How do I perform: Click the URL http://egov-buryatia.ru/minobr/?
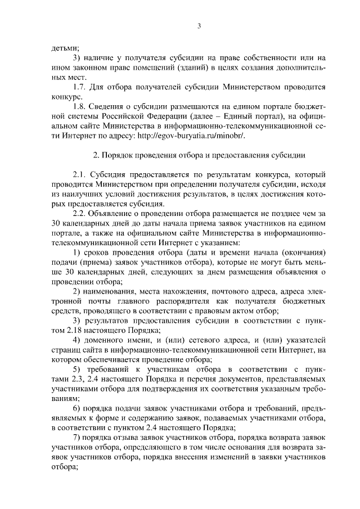coord(199,136)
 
